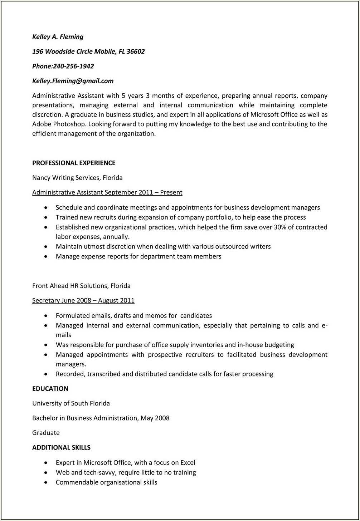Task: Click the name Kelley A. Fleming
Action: (58, 37)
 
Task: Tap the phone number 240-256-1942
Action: (73, 66)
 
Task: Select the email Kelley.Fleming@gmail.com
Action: (73, 81)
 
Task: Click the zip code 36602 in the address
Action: (136, 51)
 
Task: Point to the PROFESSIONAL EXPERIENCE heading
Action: (74, 163)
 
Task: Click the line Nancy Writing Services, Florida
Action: (77, 178)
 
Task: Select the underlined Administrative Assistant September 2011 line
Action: (107, 192)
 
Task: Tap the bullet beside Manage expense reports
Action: (45, 257)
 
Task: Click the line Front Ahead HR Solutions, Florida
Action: (81, 286)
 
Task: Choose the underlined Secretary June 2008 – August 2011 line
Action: (83, 300)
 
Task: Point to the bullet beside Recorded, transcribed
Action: (45, 374)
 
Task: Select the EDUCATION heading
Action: (50, 389)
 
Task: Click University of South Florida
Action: (71, 403)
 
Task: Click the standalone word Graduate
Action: (46, 433)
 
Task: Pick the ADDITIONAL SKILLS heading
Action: (61, 447)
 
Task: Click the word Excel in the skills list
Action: (188, 462)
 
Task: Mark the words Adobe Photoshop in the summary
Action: (59, 124)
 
